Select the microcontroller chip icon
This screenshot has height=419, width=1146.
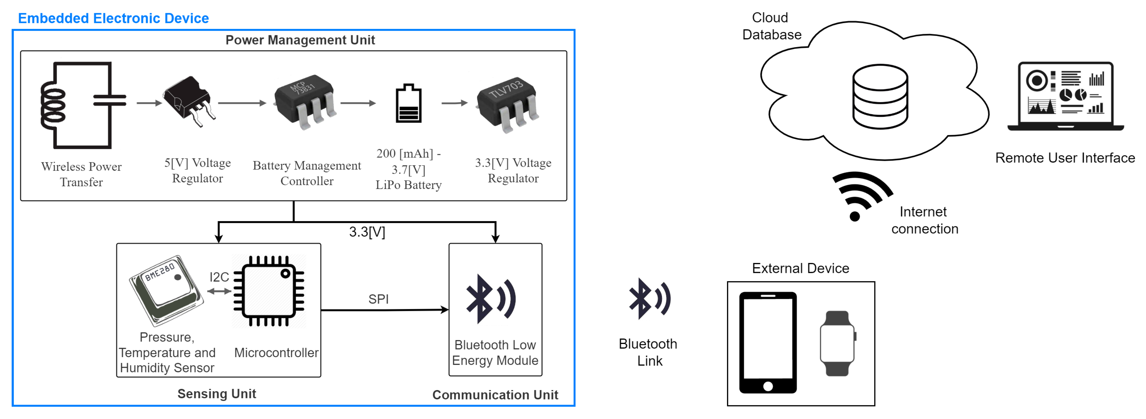pyautogui.click(x=269, y=291)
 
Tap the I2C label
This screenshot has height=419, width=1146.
pyautogui.click(x=219, y=277)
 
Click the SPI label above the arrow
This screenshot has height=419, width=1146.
pyautogui.click(x=378, y=299)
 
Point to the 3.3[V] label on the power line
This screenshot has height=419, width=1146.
pyautogui.click(x=367, y=232)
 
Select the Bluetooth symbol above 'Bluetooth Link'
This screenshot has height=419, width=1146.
pyautogui.click(x=649, y=299)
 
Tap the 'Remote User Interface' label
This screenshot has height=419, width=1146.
pyautogui.click(x=1065, y=158)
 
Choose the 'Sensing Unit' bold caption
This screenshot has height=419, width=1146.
pyautogui.click(x=217, y=394)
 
